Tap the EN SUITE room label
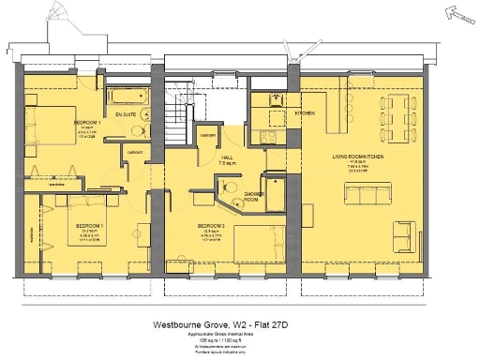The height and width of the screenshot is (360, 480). [x=125, y=114]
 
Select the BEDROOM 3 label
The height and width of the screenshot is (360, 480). [x=208, y=225]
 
